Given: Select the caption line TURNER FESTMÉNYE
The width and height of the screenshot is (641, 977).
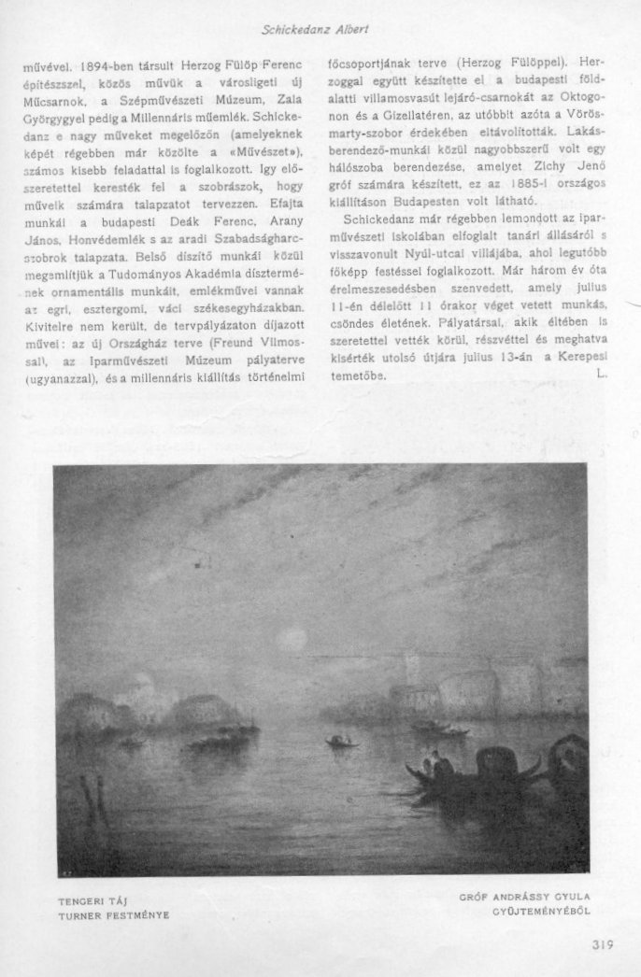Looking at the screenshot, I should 113,915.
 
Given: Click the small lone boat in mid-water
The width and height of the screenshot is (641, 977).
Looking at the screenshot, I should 341,742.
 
